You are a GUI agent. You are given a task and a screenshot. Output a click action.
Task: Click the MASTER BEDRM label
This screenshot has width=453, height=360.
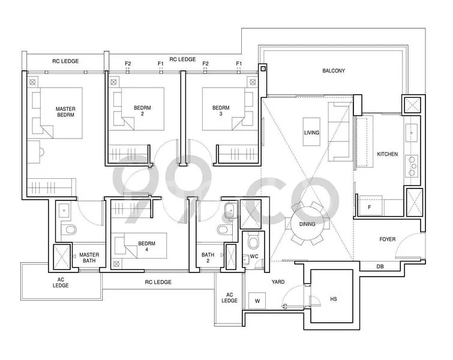(x=65, y=112)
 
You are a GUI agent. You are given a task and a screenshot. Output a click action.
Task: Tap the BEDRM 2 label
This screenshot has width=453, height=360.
(x=142, y=110)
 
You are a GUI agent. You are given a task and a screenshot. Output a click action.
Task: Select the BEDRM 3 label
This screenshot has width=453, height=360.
(x=221, y=110)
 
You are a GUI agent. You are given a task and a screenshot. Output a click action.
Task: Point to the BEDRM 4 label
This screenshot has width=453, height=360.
(x=146, y=247)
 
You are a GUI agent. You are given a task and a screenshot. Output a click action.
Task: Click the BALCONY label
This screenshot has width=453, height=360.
(x=334, y=71)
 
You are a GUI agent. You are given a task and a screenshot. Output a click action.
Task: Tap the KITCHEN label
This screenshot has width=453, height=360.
(x=387, y=154)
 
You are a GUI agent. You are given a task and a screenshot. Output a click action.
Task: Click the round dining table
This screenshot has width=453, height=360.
(x=307, y=224)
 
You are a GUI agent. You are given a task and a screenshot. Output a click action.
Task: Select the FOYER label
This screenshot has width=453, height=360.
(x=387, y=239)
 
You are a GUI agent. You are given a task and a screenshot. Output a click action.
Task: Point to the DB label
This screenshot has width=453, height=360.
(x=380, y=266)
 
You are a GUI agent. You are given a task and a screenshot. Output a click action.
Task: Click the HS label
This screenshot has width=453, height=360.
(x=334, y=299)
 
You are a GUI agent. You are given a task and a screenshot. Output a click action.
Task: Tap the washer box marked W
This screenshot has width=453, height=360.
(x=257, y=301)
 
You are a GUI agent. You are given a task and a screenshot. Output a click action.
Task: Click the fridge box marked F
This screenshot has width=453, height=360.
(x=370, y=206)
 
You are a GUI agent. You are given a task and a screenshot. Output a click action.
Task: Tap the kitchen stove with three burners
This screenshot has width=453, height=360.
(x=412, y=167)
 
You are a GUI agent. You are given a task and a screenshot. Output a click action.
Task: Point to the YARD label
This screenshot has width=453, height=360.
(x=278, y=282)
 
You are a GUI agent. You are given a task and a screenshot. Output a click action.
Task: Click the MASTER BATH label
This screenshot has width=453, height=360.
(x=89, y=258)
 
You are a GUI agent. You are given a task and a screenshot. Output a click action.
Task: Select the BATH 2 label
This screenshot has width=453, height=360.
(x=208, y=258)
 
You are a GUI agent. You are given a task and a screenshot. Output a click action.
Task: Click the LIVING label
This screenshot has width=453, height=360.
(x=311, y=133)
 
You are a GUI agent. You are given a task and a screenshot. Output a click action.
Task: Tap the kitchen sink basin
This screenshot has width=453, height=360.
(x=412, y=133)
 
